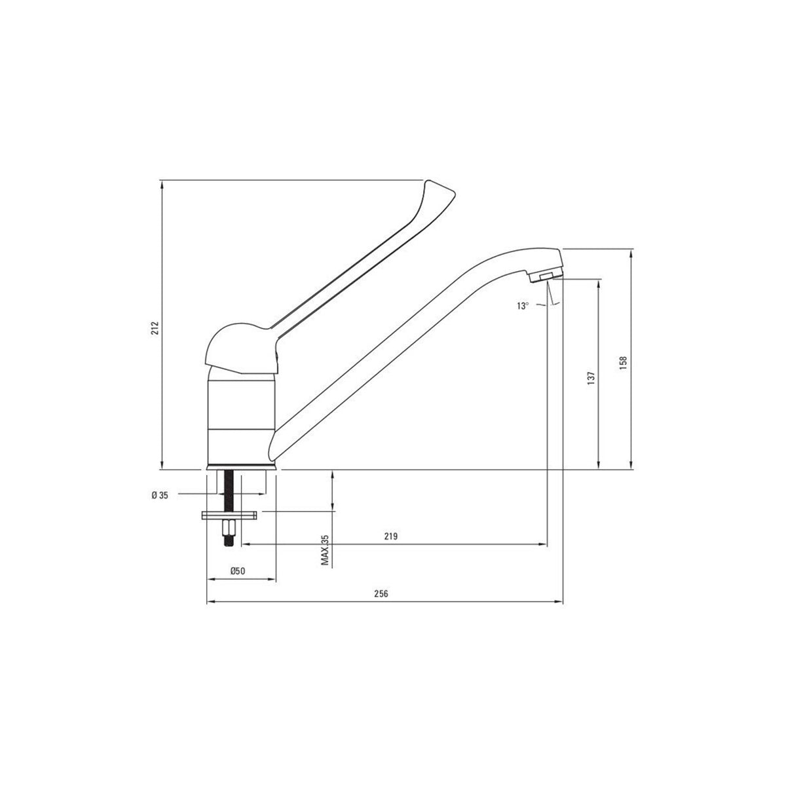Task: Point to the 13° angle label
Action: pyautogui.click(x=522, y=306)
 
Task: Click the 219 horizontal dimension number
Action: pyautogui.click(x=391, y=536)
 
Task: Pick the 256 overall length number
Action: pyautogui.click(x=381, y=594)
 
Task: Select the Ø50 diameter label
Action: pyautogui.click(x=237, y=571)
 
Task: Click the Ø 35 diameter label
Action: pyautogui.click(x=160, y=496)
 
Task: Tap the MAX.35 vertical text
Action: pyautogui.click(x=324, y=550)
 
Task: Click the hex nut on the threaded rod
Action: pyautogui.click(x=231, y=529)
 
